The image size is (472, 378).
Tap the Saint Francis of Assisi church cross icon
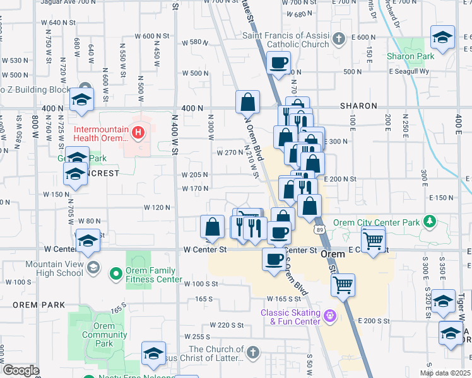point(338,39)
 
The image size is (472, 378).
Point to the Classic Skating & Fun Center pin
point(328,314)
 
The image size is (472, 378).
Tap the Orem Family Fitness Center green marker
point(115,274)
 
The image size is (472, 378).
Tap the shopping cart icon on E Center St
point(374,241)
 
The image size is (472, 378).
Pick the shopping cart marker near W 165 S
point(343,285)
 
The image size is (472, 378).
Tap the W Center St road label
point(205,249)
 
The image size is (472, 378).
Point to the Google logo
point(21,370)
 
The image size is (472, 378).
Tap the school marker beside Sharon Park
point(442,38)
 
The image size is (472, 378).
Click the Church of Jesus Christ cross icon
point(252,352)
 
